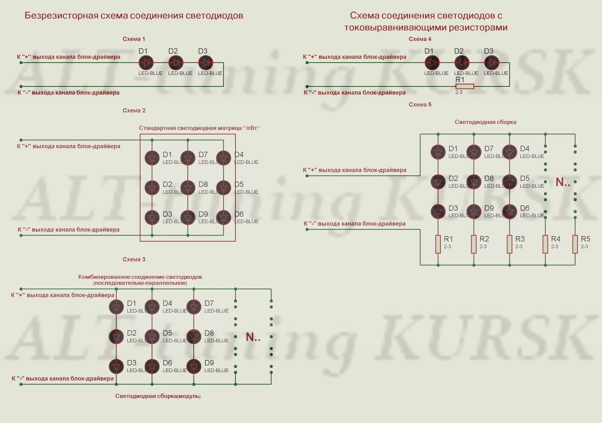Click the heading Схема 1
(x=134, y=39)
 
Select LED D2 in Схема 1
(x=176, y=63)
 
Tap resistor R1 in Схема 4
(x=465, y=86)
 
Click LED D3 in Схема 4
(x=491, y=63)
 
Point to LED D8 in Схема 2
(x=188, y=188)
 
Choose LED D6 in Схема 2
(x=224, y=217)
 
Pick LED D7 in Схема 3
(x=194, y=307)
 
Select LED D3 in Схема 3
(x=116, y=366)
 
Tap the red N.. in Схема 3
(x=253, y=337)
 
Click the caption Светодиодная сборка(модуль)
(x=158, y=396)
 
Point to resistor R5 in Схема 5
(x=575, y=244)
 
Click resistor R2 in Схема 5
(x=474, y=244)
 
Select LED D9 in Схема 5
(x=474, y=211)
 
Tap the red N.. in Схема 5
(x=562, y=182)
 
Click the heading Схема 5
(x=420, y=104)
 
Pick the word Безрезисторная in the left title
(x=61, y=15)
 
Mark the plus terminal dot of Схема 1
(x=21, y=63)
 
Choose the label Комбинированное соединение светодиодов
(x=140, y=277)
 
